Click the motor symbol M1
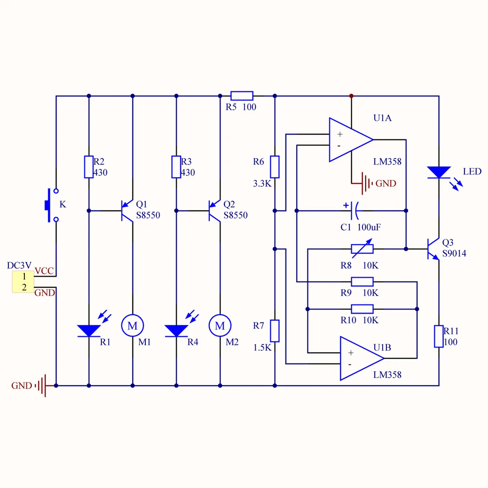pos(133,325)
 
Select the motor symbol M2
pos(220,325)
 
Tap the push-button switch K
pos(52,205)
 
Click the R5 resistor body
pos(242,96)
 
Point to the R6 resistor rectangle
pos(274,167)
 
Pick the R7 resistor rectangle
pos(274,330)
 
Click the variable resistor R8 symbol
pos(362,249)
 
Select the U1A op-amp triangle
pos(351,140)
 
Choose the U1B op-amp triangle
pos(362,358)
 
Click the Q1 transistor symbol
pos(127,211)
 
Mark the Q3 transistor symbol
pos(433,249)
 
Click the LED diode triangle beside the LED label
pos(439,172)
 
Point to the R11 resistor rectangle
pos(439,336)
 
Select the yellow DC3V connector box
pos(23,282)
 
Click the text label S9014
pos(454,253)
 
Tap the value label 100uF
pos(369,227)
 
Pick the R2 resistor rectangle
pos(89,167)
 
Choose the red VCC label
pos(44,271)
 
